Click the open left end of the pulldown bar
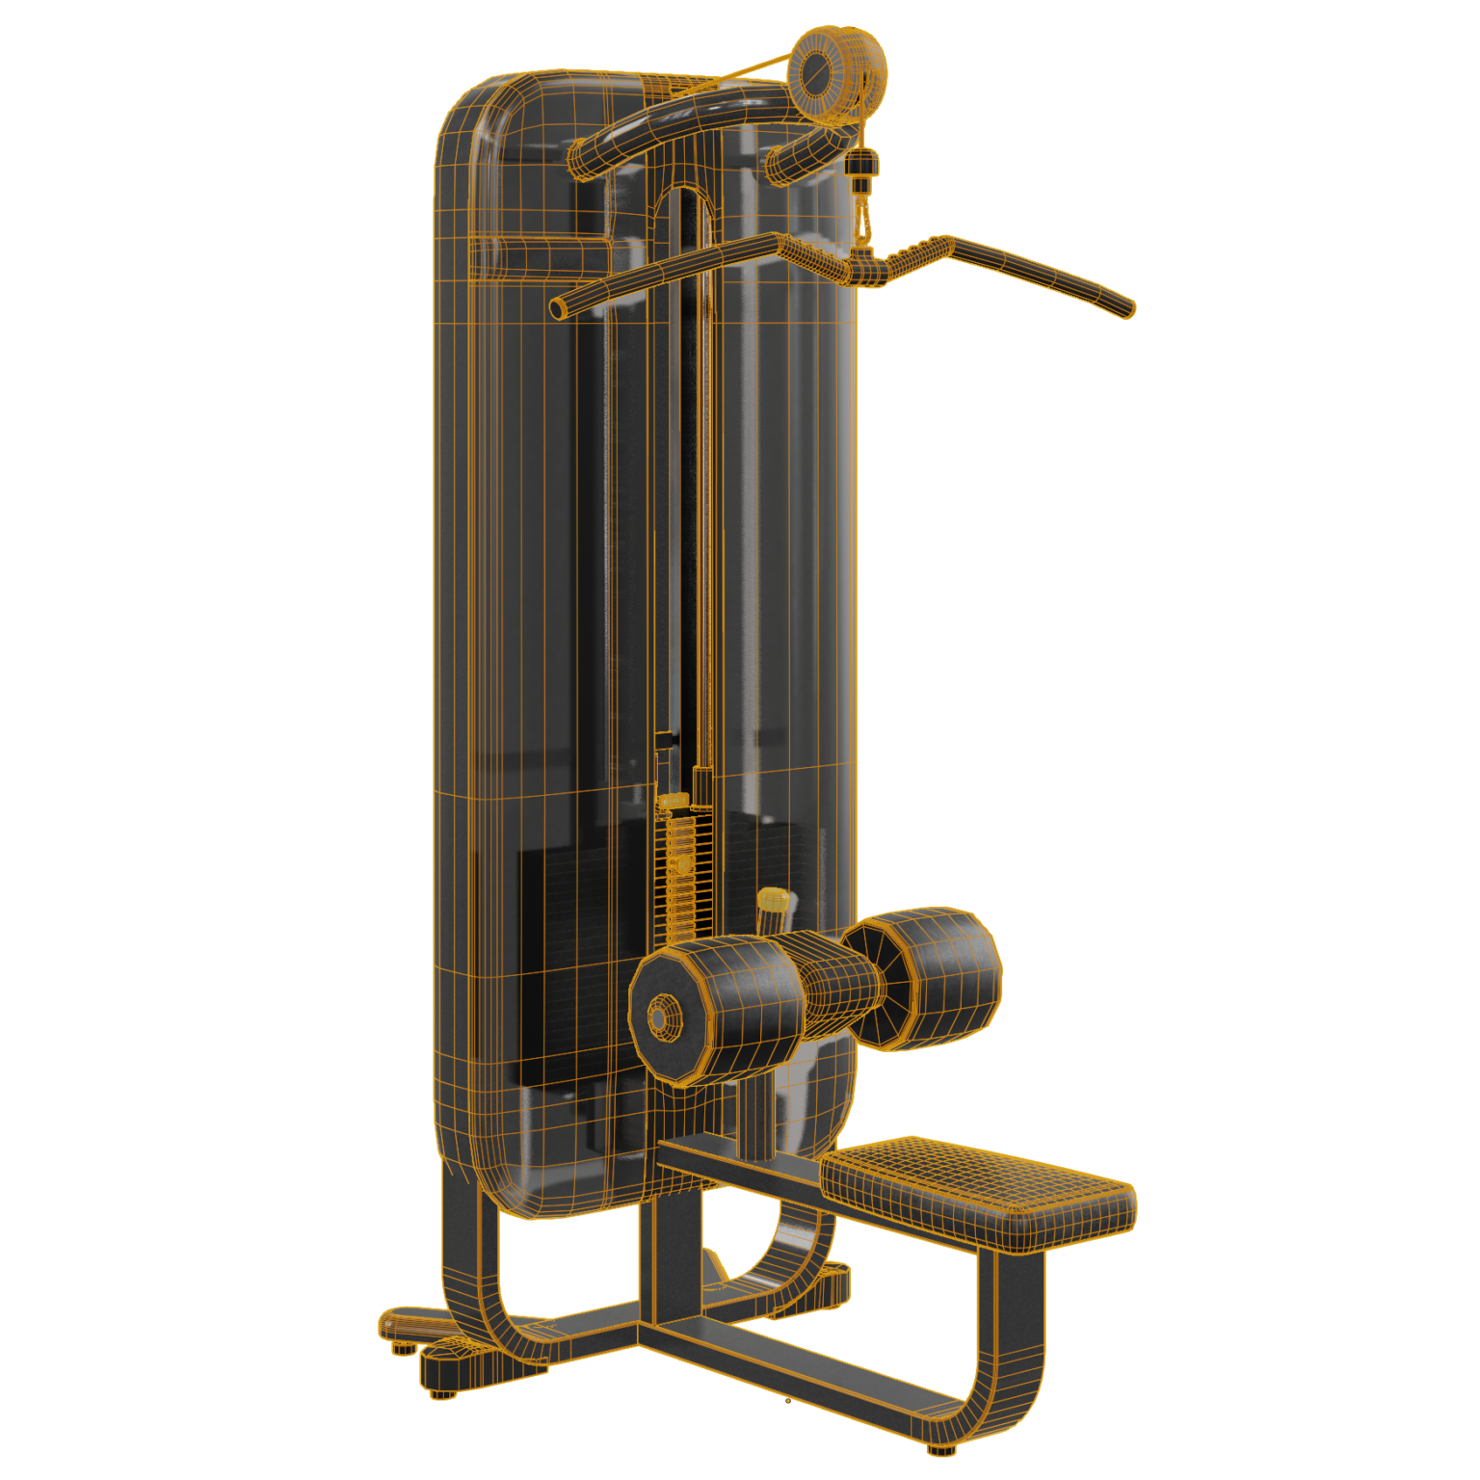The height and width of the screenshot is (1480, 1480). point(558,308)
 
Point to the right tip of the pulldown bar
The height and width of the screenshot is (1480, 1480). point(1129,308)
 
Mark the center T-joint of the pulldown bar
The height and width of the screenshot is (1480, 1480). point(866,268)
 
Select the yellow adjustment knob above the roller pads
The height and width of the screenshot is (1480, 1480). point(772,903)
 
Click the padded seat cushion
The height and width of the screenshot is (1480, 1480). point(978,1187)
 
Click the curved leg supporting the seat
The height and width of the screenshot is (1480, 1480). point(1012,1349)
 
